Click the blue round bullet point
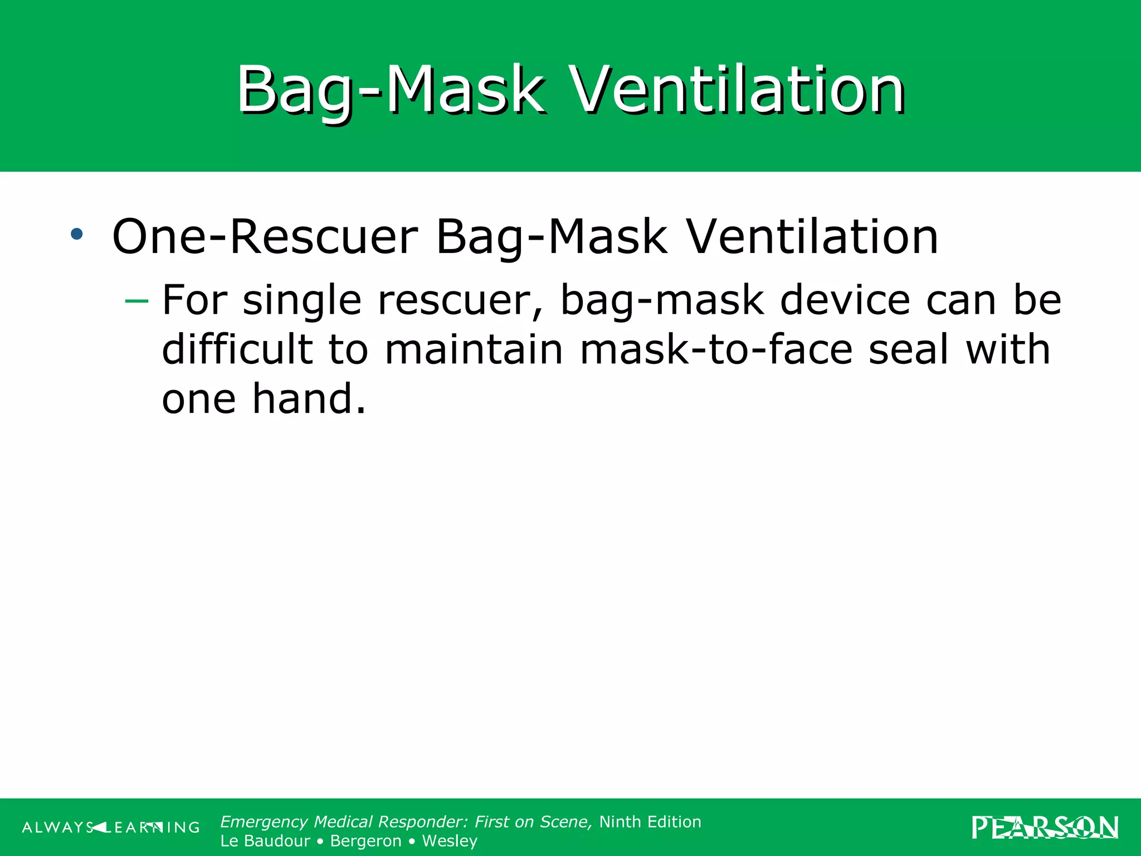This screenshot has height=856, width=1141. pyautogui.click(x=77, y=234)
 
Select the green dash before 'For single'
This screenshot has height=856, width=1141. pyautogui.click(x=137, y=301)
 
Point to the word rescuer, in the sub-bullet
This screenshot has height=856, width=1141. pyautogui.click(x=460, y=300)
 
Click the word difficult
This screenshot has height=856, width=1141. pyautogui.click(x=237, y=349)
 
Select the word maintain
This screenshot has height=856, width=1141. pyautogui.click(x=474, y=349)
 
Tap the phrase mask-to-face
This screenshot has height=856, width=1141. pyautogui.click(x=716, y=349)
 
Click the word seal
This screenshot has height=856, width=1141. pyautogui.click(x=908, y=349)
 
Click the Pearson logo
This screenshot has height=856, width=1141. pyautogui.click(x=1045, y=828)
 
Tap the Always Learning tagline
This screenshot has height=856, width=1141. pyautogui.click(x=111, y=828)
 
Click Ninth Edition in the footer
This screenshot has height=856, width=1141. pyautogui.click(x=650, y=822)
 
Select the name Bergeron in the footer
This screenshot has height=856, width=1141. pyautogui.click(x=365, y=841)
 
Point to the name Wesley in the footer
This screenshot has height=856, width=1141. pyautogui.click(x=450, y=841)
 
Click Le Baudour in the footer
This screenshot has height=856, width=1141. pyautogui.click(x=265, y=841)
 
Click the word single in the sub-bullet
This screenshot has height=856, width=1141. pyautogui.click(x=303, y=300)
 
